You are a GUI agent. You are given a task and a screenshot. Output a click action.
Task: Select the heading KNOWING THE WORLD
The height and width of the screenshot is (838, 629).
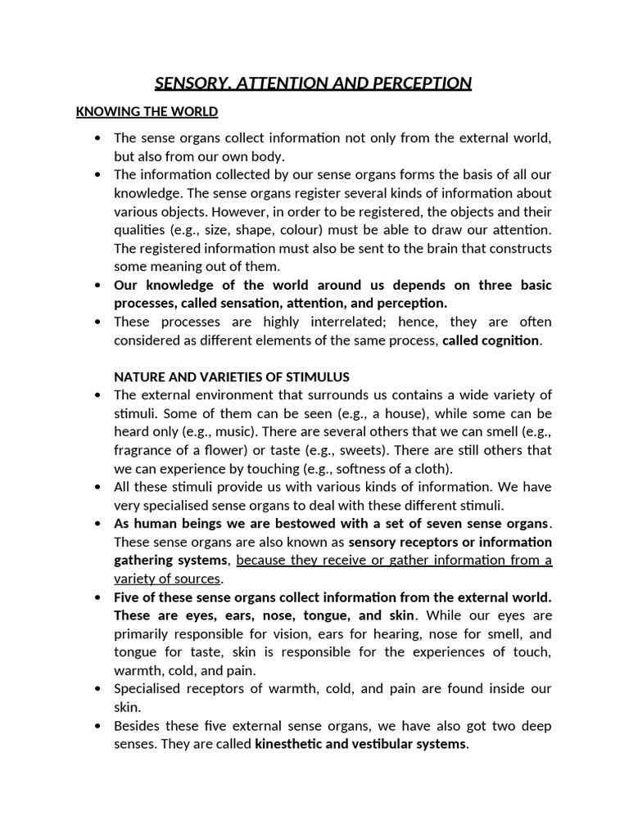(147, 111)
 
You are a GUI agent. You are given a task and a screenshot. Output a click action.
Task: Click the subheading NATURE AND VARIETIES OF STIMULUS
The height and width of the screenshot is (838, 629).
(232, 376)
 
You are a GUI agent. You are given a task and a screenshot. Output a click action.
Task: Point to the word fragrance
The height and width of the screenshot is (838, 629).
(143, 450)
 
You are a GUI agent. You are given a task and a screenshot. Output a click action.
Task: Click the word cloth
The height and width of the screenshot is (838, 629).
(432, 469)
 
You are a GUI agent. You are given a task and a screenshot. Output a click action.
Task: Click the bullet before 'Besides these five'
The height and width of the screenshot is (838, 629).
(99, 726)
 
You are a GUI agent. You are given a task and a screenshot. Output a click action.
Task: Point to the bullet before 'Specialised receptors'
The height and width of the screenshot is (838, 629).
(99, 689)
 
